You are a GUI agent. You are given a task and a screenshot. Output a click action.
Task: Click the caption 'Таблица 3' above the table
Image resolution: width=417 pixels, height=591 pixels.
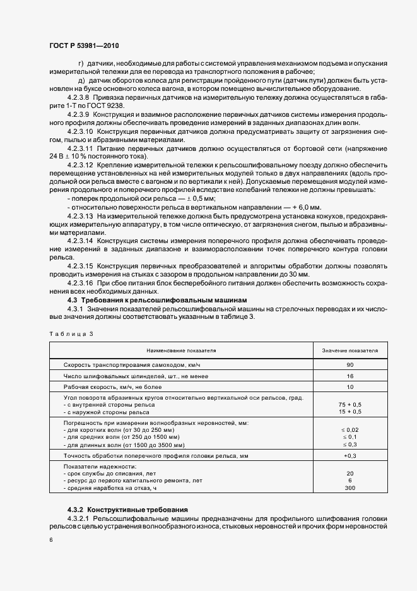[x=71, y=333]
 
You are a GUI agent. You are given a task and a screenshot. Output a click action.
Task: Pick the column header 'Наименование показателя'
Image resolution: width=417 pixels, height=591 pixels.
[x=182, y=349]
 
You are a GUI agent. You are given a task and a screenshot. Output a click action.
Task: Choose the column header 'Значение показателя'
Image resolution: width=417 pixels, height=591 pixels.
[x=350, y=349]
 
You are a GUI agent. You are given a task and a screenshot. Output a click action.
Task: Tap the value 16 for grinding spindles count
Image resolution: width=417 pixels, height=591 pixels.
[x=350, y=376]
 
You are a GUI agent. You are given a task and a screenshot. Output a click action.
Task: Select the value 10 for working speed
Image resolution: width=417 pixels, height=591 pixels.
[x=350, y=386]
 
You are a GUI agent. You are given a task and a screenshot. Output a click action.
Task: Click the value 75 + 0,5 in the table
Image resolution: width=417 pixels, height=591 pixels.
[x=350, y=404]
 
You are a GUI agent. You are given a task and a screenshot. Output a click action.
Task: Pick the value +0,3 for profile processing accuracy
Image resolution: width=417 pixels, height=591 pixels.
[x=350, y=455]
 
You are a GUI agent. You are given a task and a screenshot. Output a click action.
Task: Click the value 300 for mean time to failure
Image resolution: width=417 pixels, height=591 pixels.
[x=350, y=488]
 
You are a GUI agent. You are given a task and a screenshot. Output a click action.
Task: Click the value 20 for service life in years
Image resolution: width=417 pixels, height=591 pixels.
[x=350, y=473]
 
